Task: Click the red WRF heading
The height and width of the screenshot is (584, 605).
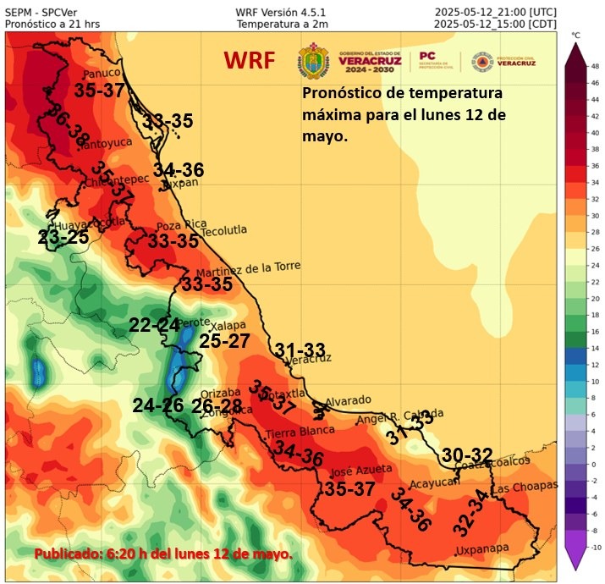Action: click(x=251, y=61)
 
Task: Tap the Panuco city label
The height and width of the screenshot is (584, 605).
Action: click(x=96, y=72)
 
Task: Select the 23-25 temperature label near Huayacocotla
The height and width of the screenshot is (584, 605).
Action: click(x=63, y=238)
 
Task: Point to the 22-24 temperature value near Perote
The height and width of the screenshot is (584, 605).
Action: click(x=154, y=325)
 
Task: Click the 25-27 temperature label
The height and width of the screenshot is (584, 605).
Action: click(x=224, y=341)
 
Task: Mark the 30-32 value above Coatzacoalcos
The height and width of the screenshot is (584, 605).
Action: click(x=466, y=454)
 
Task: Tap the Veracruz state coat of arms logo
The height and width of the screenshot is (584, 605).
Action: click(x=312, y=61)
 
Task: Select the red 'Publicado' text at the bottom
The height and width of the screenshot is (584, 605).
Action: click(x=163, y=554)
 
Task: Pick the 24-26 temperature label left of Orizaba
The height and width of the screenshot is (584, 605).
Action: click(x=158, y=405)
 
